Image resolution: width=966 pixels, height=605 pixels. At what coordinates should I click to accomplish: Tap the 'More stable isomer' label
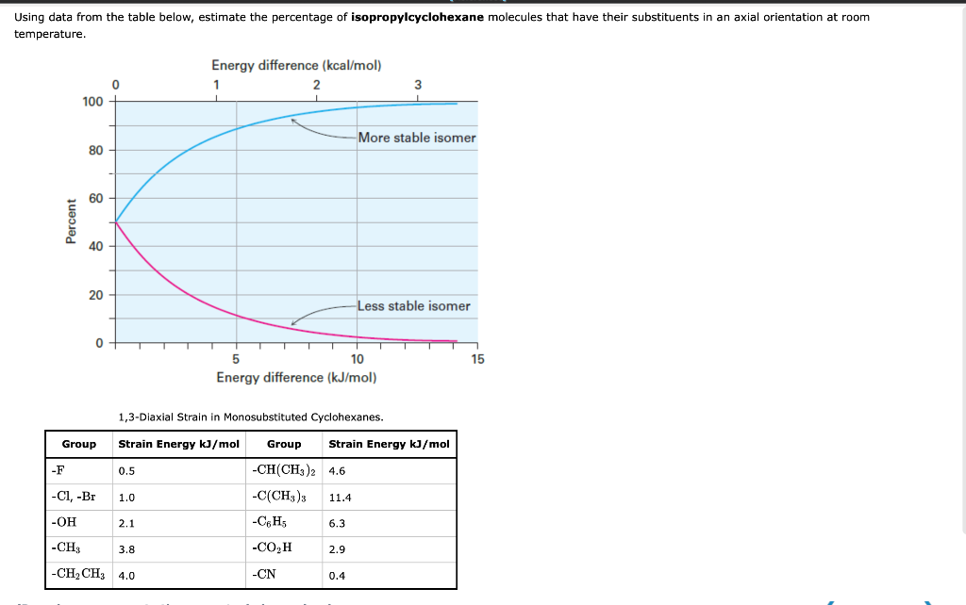(x=417, y=138)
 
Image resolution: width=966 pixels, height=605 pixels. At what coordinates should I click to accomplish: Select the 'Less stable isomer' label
(x=413, y=306)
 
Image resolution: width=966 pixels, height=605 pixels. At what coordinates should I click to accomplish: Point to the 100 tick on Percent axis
(x=92, y=101)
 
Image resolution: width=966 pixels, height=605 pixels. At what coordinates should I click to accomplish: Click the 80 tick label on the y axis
(x=96, y=150)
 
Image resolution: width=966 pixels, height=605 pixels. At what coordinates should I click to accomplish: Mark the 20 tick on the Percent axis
(x=96, y=295)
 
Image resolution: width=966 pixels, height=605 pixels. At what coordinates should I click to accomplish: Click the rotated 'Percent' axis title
(x=71, y=222)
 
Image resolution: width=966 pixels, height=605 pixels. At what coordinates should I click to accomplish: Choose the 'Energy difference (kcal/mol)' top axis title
(x=296, y=65)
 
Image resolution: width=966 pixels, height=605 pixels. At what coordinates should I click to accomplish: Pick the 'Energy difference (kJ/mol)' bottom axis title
(x=296, y=378)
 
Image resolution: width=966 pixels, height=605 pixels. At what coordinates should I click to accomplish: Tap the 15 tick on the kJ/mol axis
(x=477, y=359)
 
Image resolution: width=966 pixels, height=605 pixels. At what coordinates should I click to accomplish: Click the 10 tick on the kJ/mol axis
(x=357, y=359)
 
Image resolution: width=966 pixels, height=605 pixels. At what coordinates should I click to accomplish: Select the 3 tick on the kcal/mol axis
(x=418, y=85)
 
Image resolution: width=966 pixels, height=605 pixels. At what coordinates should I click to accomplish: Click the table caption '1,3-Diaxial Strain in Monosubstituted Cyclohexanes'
(x=250, y=417)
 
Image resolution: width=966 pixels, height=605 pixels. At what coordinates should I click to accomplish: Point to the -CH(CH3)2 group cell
(x=286, y=470)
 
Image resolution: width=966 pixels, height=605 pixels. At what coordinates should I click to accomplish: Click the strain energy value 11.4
(x=340, y=497)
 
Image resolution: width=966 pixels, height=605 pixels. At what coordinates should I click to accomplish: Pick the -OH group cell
(x=66, y=522)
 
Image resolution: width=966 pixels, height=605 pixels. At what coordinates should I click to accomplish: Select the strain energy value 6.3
(x=337, y=523)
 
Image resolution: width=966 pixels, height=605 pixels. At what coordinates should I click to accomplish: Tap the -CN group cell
(x=264, y=575)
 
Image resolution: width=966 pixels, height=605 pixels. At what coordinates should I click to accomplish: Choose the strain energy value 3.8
(x=126, y=548)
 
